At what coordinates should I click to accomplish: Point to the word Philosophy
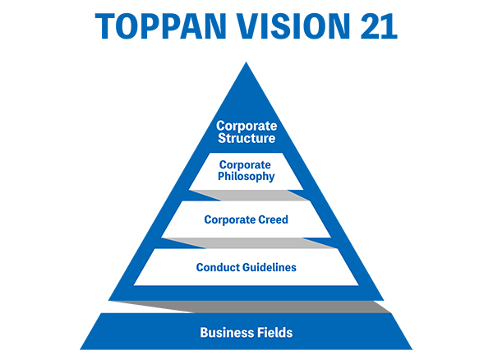(x=246, y=176)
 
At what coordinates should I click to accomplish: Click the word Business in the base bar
(x=225, y=333)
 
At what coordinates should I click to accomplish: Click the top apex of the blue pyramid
(x=246, y=66)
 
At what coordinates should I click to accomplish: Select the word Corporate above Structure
(x=246, y=126)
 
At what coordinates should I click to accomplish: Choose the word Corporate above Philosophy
(x=246, y=164)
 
